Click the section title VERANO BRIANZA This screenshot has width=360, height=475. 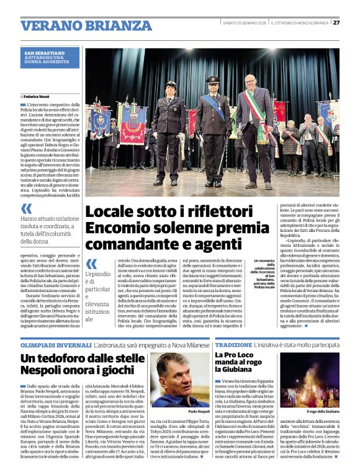pyautogui.click(x=78, y=25)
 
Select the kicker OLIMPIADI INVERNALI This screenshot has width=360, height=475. pyautogui.click(x=48, y=343)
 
